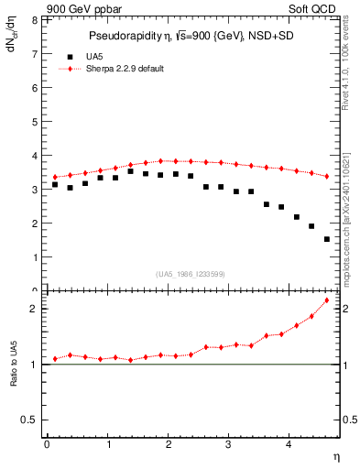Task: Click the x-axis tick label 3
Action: pyautogui.click(x=229, y=444)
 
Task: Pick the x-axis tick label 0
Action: pyautogui.click(x=46, y=444)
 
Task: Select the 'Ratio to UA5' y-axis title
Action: pyautogui.click(x=13, y=376)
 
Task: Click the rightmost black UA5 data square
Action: pyautogui.click(x=327, y=239)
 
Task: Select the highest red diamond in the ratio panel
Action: pyautogui.click(x=327, y=300)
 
